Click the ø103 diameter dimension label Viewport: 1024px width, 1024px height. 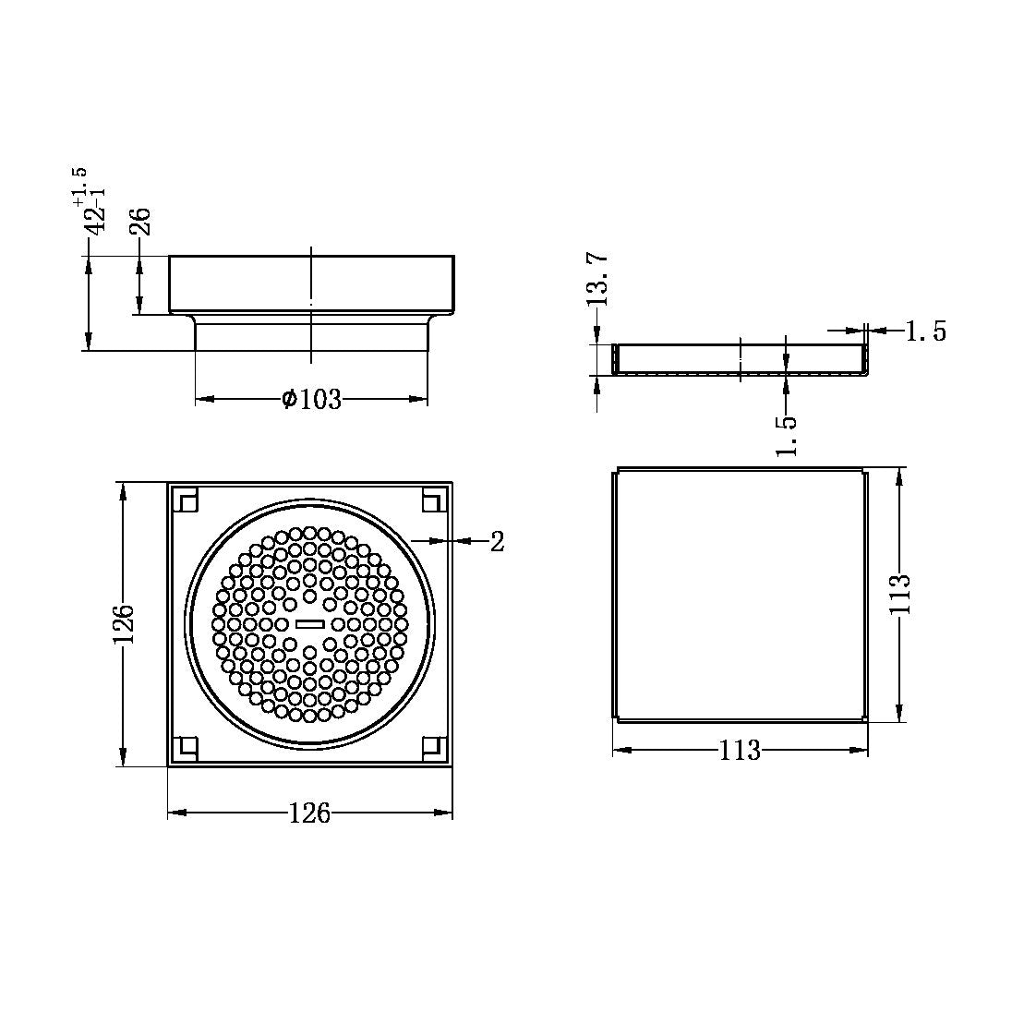pyautogui.click(x=311, y=400)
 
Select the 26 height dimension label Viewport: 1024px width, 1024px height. pyautogui.click(x=139, y=222)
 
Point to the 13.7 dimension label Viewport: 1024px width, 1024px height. pyautogui.click(x=597, y=281)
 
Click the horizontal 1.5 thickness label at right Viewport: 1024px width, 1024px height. pyautogui.click(x=925, y=331)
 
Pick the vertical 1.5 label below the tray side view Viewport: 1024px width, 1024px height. pyautogui.click(x=786, y=435)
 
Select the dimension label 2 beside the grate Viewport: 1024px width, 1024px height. pyautogui.click(x=497, y=542)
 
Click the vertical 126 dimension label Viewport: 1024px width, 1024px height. pyautogui.click(x=124, y=624)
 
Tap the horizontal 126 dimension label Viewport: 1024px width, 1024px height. pyautogui.click(x=309, y=813)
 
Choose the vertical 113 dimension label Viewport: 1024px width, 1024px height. pyautogui.click(x=900, y=596)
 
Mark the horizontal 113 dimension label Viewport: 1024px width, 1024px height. pyautogui.click(x=740, y=751)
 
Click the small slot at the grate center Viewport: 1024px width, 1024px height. pyautogui.click(x=309, y=624)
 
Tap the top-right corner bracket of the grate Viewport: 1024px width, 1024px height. pyautogui.click(x=432, y=500)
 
